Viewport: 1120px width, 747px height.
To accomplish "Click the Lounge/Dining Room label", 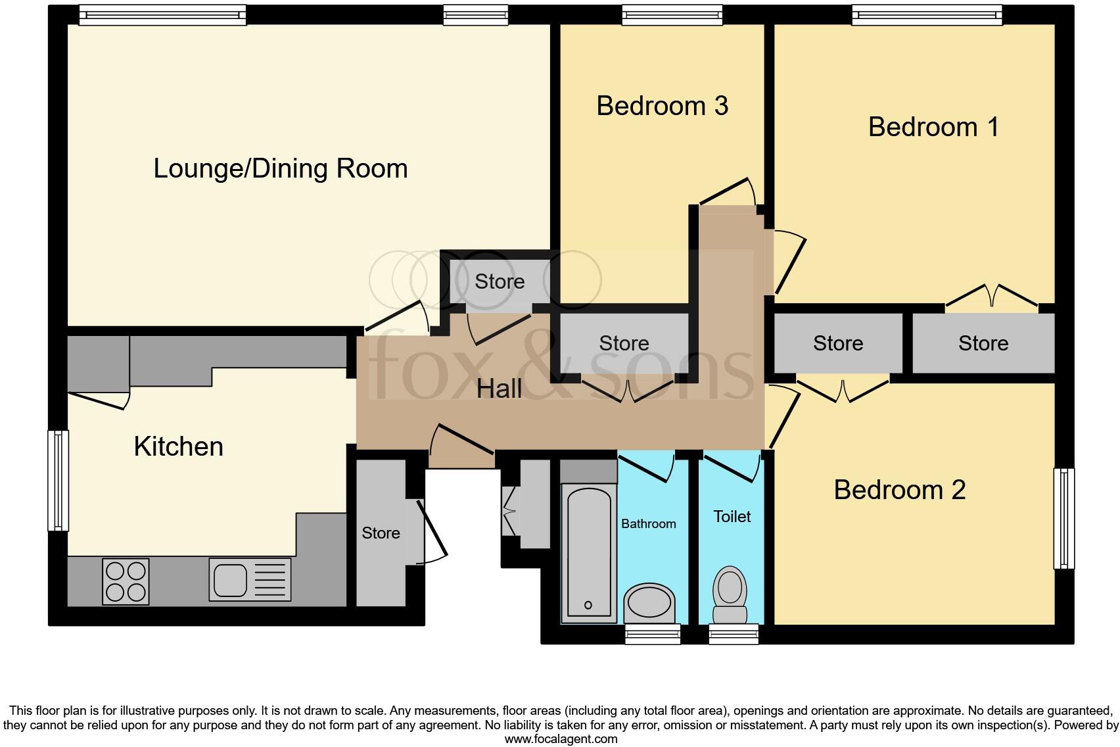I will [x=281, y=168].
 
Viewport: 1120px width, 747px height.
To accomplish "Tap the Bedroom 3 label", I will [x=662, y=106].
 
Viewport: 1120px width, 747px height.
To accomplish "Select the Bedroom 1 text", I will [x=933, y=127].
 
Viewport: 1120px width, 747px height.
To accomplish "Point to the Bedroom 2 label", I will [x=899, y=490].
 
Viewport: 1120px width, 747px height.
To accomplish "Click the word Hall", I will [x=499, y=389].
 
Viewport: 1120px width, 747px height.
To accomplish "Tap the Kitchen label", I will [x=178, y=446].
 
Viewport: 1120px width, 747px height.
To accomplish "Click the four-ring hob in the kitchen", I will [x=126, y=581].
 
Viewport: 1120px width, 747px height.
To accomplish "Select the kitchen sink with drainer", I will [x=250, y=579].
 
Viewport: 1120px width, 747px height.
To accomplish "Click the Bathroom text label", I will [x=648, y=524].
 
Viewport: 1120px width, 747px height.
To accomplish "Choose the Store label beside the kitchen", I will [x=381, y=533].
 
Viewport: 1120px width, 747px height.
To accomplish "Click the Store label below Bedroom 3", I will [x=624, y=343].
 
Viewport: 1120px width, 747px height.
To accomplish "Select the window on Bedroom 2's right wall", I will [x=1063, y=518].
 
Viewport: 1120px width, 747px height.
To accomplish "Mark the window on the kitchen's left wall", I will [x=58, y=480].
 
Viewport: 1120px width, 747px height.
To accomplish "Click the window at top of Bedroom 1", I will [x=927, y=15].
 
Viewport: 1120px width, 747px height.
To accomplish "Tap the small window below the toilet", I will [x=734, y=635].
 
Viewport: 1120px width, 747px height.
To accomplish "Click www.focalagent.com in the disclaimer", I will [x=560, y=738].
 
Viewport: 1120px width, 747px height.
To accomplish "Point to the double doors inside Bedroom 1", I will [x=992, y=297].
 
